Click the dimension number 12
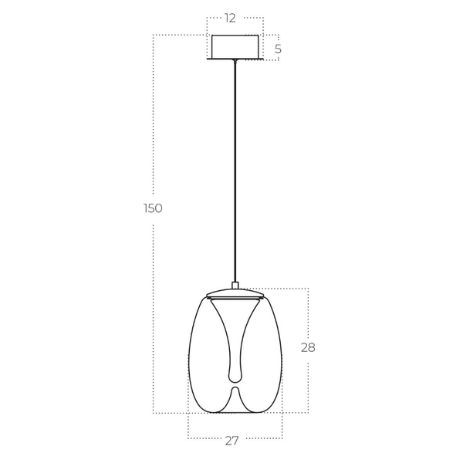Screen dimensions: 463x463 [x=231, y=19]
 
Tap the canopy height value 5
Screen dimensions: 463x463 [x=278, y=49]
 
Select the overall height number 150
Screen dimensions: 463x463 [x=153, y=208]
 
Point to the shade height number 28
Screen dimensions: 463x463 [x=308, y=347]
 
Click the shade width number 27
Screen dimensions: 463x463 [x=231, y=441]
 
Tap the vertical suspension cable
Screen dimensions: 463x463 [x=235, y=170]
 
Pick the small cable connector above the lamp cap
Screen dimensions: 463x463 [x=235, y=285]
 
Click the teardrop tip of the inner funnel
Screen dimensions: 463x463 [x=234, y=376]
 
